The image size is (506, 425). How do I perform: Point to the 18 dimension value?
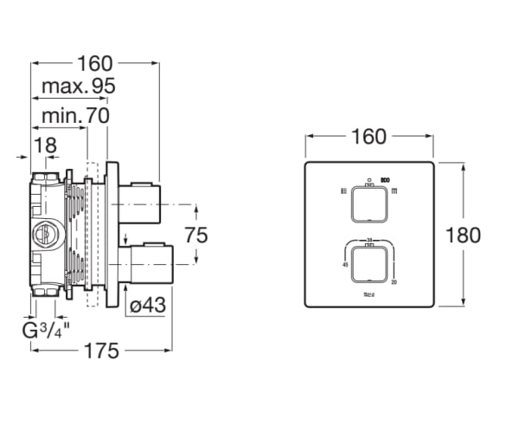(45, 144)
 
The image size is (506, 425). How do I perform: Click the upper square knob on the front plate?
(368, 205)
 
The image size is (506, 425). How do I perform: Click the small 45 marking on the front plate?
(346, 266)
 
